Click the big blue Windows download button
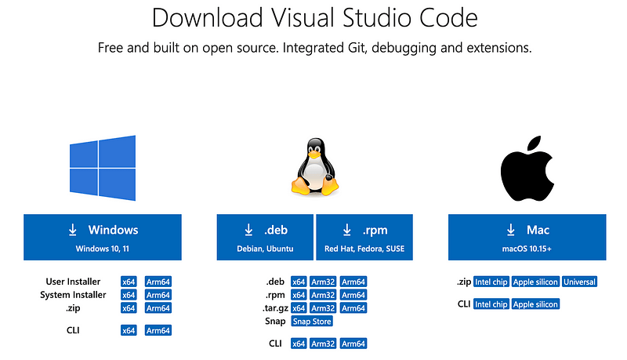coord(103,237)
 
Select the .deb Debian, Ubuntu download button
coord(265,237)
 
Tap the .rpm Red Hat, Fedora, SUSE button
coord(364,237)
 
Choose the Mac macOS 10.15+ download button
coord(527,237)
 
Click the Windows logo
coord(103,168)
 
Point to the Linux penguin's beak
coord(314,154)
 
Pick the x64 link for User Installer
coord(129,282)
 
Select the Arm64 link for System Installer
coord(158,295)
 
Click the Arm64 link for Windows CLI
coord(158,330)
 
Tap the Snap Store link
coord(312,322)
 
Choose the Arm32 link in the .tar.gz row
coord(323,308)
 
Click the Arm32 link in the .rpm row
coord(323,295)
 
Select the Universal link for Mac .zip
coord(579,282)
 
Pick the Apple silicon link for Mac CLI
coord(535,304)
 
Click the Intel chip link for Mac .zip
coord(491,282)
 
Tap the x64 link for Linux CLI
coord(299,344)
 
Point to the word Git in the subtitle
coord(356,48)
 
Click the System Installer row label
coord(73,295)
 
